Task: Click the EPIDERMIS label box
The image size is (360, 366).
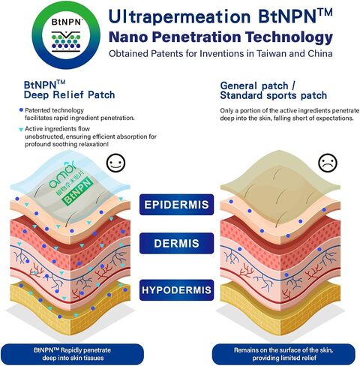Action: pyautogui.click(x=176, y=205)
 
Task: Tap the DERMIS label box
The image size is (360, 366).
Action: pyautogui.click(x=176, y=243)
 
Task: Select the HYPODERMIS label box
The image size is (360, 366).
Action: pyautogui.click(x=176, y=290)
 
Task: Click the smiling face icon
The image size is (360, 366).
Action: pyautogui.click(x=115, y=163)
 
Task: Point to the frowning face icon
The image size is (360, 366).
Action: pyautogui.click(x=328, y=163)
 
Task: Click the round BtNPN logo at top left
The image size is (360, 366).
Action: pyautogui.click(x=66, y=35)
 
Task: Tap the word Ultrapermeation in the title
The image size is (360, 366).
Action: pyautogui.click(x=179, y=17)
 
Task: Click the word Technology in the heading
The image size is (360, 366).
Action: pyautogui.click(x=289, y=37)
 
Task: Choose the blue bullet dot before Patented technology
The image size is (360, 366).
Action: pyautogui.click(x=21, y=109)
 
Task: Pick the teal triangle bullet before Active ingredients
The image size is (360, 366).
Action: pyautogui.click(x=21, y=130)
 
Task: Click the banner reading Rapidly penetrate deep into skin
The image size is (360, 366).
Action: pyautogui.click(x=72, y=354)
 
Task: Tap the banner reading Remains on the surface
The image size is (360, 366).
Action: pyautogui.click(x=283, y=354)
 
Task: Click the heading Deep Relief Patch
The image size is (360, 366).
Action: pyautogui.click(x=69, y=95)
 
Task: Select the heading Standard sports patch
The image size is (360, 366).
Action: pyautogui.click(x=274, y=95)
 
